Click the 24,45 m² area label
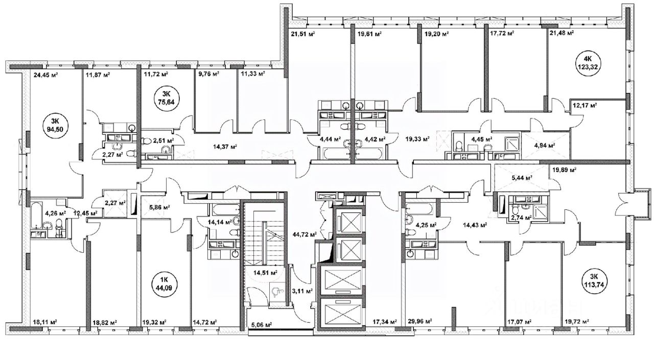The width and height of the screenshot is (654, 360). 45,75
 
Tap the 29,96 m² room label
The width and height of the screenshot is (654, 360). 420,321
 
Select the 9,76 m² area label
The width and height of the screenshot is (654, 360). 209,74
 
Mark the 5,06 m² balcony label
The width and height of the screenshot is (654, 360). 262,324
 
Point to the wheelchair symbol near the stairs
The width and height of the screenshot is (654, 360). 275,291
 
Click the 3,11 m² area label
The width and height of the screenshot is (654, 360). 302,291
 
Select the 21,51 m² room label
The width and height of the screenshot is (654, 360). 303,34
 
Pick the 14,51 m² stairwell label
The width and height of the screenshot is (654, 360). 265,273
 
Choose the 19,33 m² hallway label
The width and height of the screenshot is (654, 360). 417,139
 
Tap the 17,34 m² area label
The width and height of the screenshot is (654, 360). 385,322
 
